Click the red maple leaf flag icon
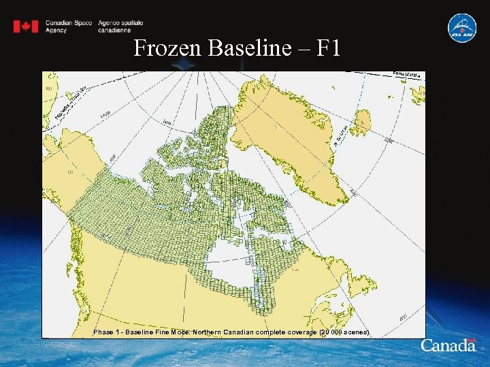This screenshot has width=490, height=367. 26,27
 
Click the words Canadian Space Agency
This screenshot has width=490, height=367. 68,27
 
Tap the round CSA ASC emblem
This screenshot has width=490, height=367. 461,28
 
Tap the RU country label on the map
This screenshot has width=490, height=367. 48,89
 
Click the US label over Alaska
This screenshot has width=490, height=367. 70,173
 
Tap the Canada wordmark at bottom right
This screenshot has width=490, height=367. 448,345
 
